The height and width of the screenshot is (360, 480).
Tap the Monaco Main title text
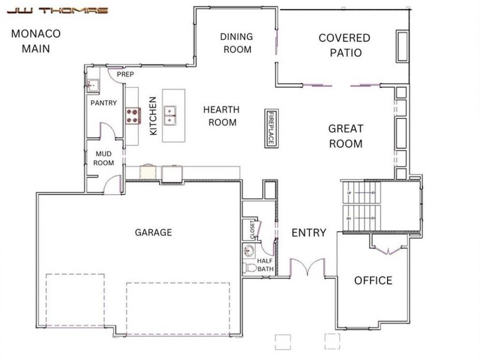tap(36, 41)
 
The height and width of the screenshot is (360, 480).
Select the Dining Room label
tap(237, 43)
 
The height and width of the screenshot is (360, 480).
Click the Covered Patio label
tap(345, 45)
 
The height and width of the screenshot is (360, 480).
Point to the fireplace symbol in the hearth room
tap(271, 128)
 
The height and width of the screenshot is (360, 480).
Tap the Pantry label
tap(103, 103)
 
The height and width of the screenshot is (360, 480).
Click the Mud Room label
tap(103, 158)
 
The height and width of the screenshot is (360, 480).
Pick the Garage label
tap(153, 232)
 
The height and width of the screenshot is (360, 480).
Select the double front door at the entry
tap(307, 267)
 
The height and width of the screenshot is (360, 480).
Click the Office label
tap(373, 281)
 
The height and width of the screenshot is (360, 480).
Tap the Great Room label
tap(346, 136)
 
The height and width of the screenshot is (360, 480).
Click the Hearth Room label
tap(221, 116)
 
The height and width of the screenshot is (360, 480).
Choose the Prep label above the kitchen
tap(125, 74)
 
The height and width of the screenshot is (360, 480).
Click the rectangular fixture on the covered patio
tap(401, 46)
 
